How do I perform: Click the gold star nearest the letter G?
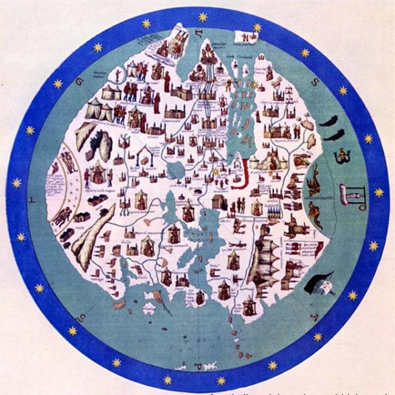coord(57,83)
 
